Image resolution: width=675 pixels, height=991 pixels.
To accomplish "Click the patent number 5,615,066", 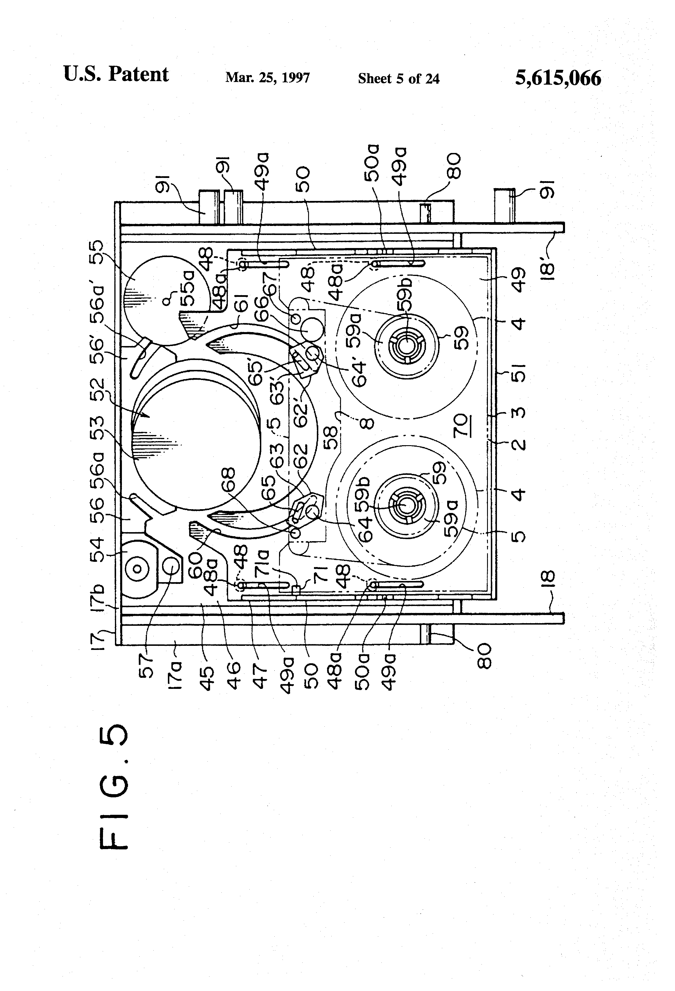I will pos(558,78).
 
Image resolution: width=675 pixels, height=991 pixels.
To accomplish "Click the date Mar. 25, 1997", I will pos(267,78).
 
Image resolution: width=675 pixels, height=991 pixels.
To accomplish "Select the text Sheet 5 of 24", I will pos(399,79).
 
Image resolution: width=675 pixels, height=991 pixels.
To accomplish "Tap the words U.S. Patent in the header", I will pos(116,74).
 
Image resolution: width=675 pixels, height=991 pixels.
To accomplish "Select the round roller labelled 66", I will pos(313,329).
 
